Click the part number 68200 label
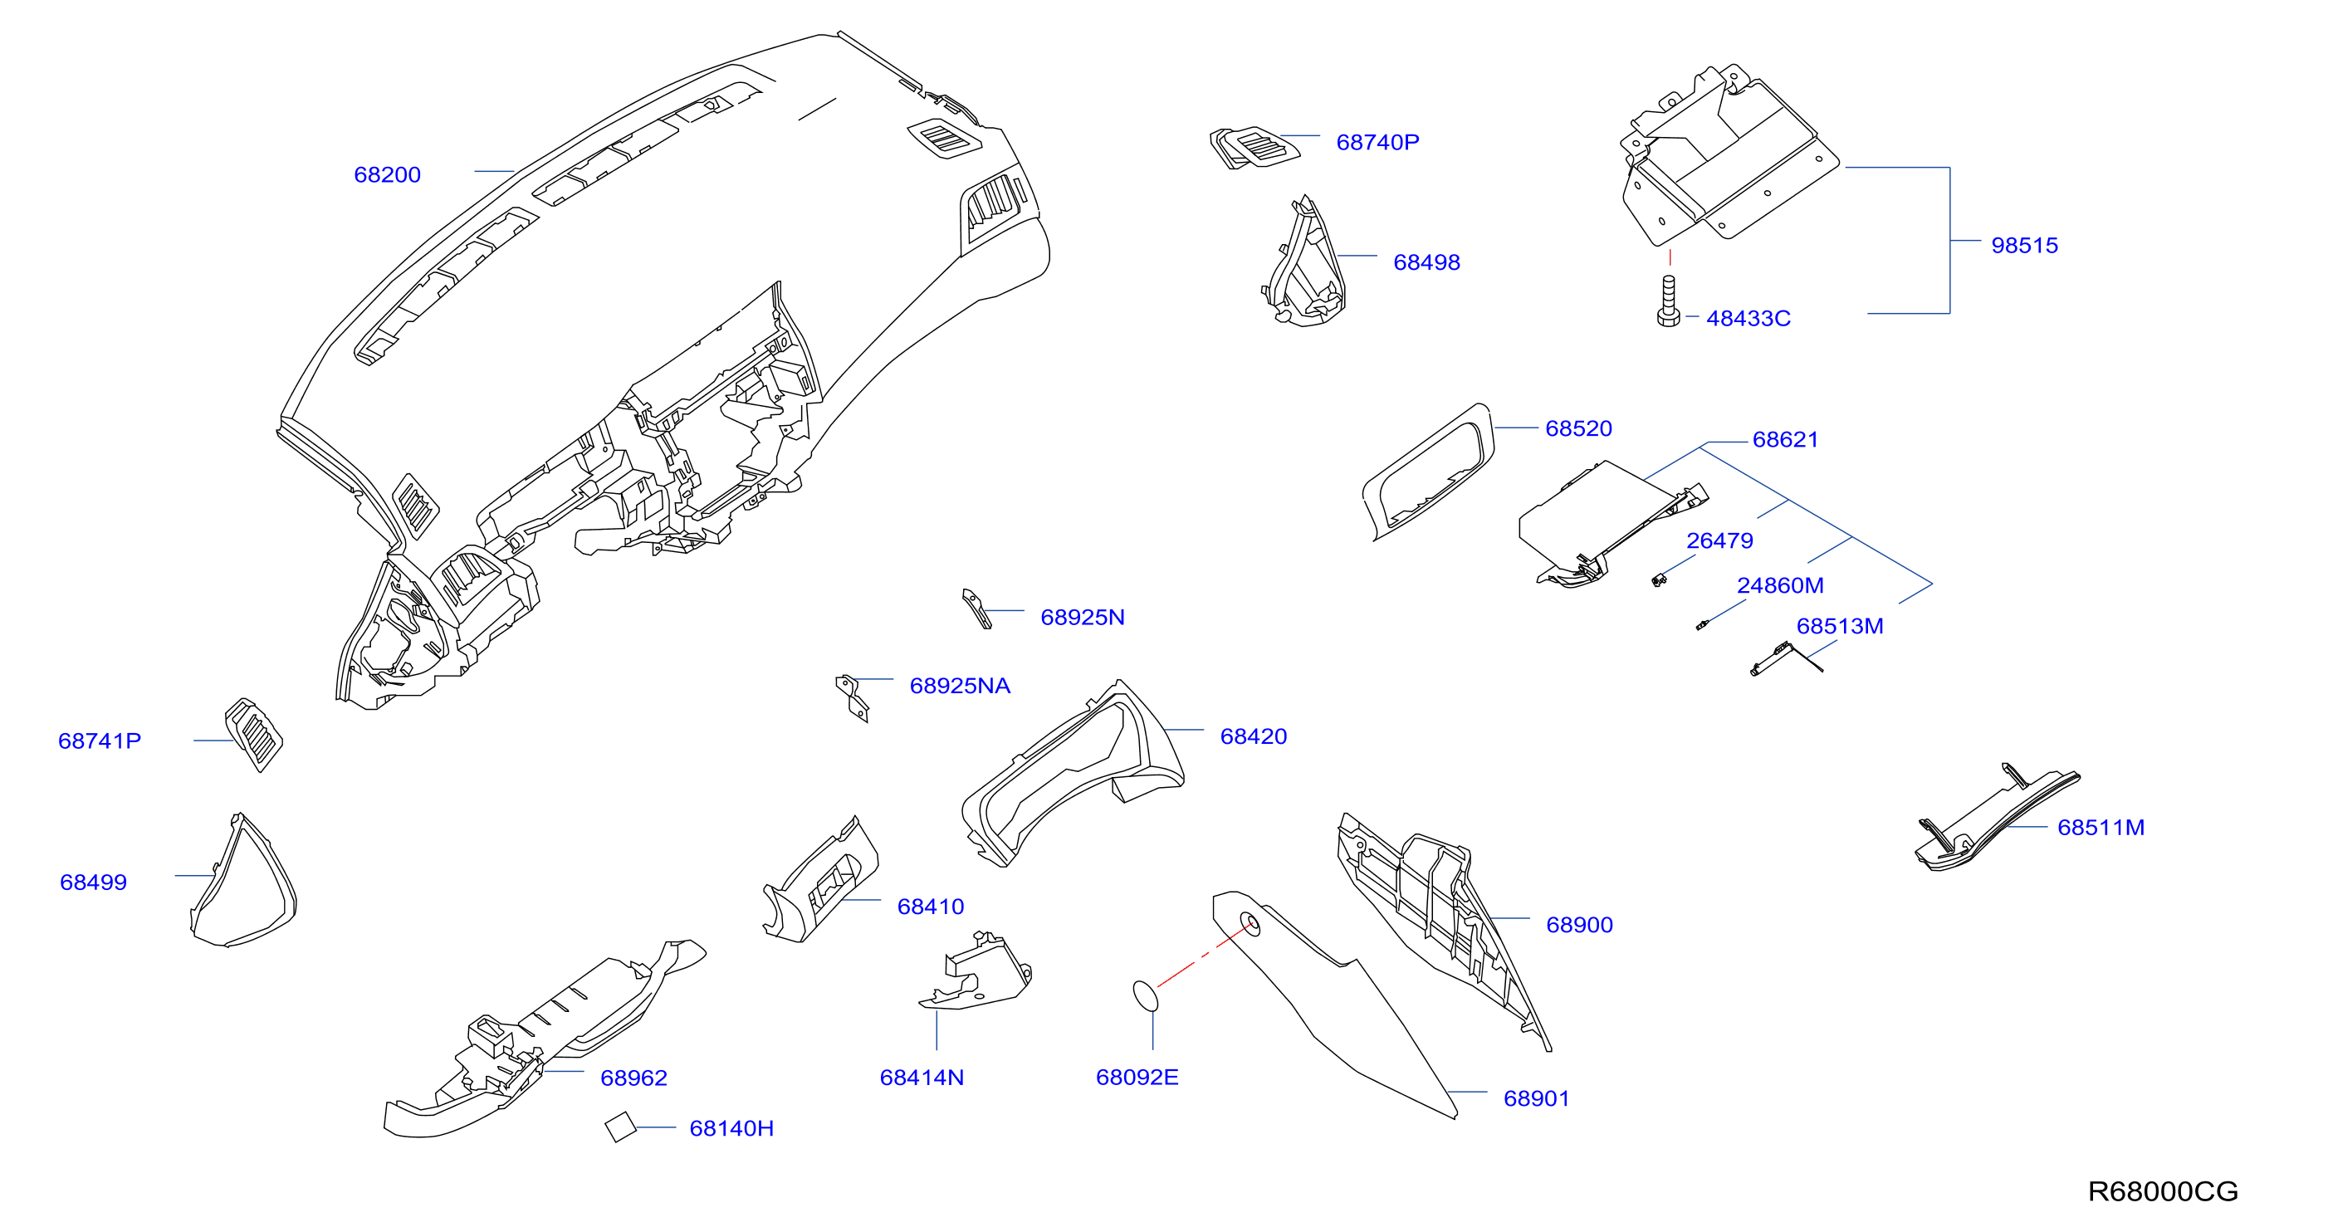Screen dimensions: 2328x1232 tap(387, 174)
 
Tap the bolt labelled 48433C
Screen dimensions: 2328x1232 tap(1668, 301)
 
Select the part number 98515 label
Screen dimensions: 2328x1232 tap(2024, 245)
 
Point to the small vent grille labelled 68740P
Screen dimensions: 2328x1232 tap(1254, 147)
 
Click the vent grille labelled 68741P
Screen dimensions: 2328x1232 tap(254, 734)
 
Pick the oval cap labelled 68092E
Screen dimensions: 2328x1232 tap(1145, 996)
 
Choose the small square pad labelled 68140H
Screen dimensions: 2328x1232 tap(621, 1127)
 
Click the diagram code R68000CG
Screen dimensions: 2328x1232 tap(2163, 1191)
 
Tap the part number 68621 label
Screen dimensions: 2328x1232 tap(1785, 439)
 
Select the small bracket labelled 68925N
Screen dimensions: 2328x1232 tap(977, 609)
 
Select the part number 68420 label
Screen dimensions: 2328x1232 tap(1254, 736)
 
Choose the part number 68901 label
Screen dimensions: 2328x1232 tap(1536, 1098)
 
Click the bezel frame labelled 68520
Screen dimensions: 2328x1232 tap(1428, 472)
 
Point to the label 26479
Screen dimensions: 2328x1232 tap(1719, 540)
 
